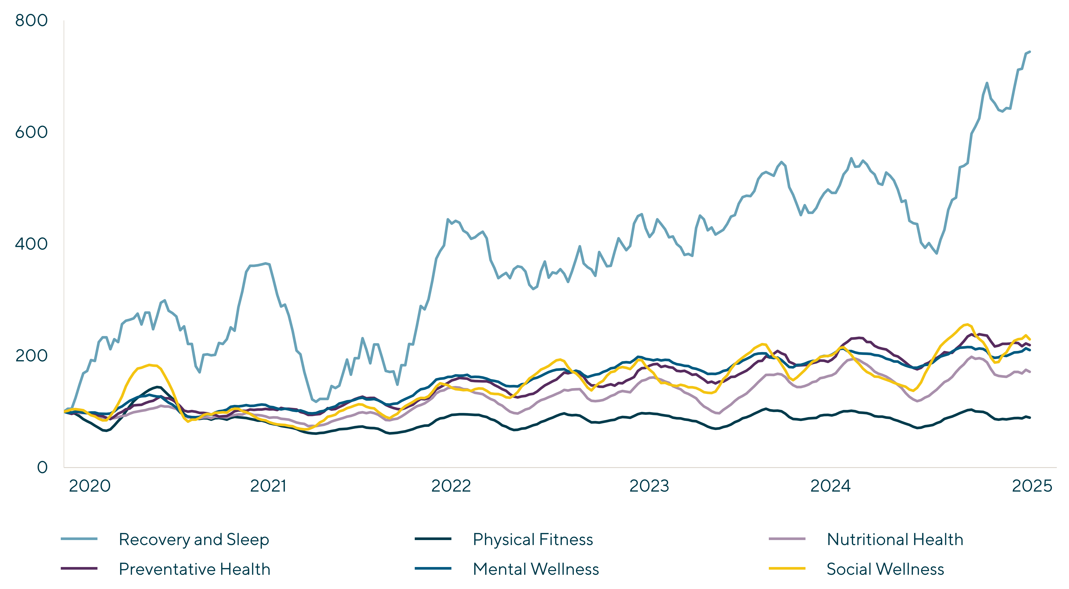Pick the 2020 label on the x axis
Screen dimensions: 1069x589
tap(90, 486)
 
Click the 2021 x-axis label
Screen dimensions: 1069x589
tap(268, 486)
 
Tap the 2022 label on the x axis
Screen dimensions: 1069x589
tap(451, 486)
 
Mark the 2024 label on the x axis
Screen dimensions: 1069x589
tap(830, 486)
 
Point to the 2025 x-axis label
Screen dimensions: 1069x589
tap(1032, 486)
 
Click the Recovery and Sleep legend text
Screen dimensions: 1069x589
tap(194, 540)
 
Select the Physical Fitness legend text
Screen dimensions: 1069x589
tap(533, 540)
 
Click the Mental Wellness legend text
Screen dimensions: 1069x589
tap(536, 569)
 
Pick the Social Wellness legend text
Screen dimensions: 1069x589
tap(885, 569)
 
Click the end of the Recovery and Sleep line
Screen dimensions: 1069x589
tap(1030, 51)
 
